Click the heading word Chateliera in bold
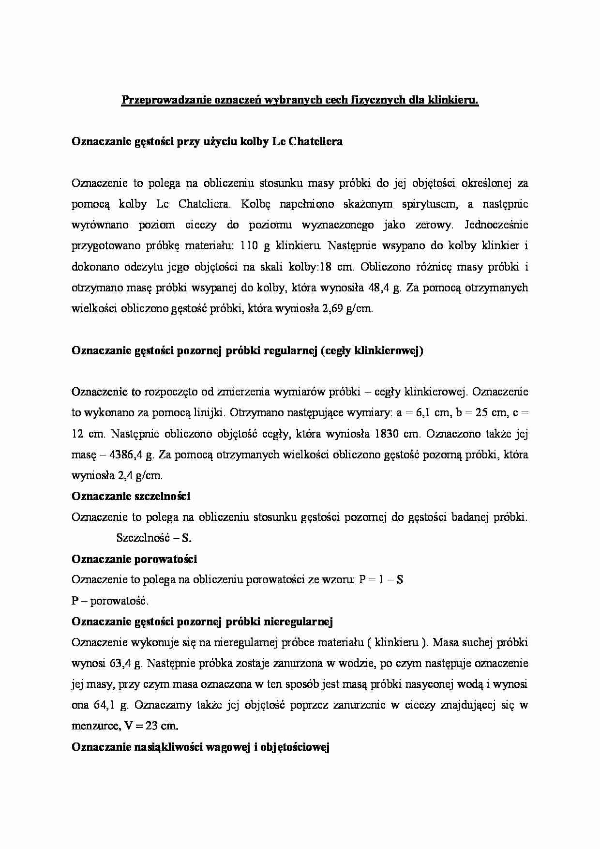click(x=317, y=141)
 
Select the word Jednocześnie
click(x=496, y=225)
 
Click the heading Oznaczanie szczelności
click(x=131, y=496)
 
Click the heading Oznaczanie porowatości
click(x=134, y=559)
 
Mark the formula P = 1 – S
click(x=381, y=579)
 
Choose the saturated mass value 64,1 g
click(x=110, y=705)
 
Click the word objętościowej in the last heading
click(x=295, y=747)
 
